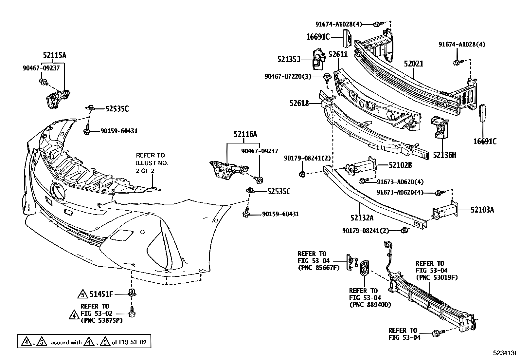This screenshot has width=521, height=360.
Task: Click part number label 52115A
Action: coord(54,55)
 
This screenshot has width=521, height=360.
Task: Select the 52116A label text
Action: coord(245,134)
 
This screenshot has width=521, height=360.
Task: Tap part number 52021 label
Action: coord(413,64)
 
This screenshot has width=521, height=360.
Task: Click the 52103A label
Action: coord(482,210)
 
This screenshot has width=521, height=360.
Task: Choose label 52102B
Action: coord(400,165)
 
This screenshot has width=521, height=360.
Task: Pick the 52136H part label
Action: coord(444,155)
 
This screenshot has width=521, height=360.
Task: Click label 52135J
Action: coord(289,59)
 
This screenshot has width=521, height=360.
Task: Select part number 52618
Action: coord(299,103)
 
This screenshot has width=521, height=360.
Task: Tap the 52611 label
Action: coord(338,54)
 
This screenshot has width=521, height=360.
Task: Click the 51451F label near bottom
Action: coord(101,294)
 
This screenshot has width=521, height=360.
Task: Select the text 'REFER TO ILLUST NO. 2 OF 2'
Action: coord(152,163)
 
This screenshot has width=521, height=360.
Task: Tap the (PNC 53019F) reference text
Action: coord(437,277)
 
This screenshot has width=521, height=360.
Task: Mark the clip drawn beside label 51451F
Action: coord(132,293)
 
